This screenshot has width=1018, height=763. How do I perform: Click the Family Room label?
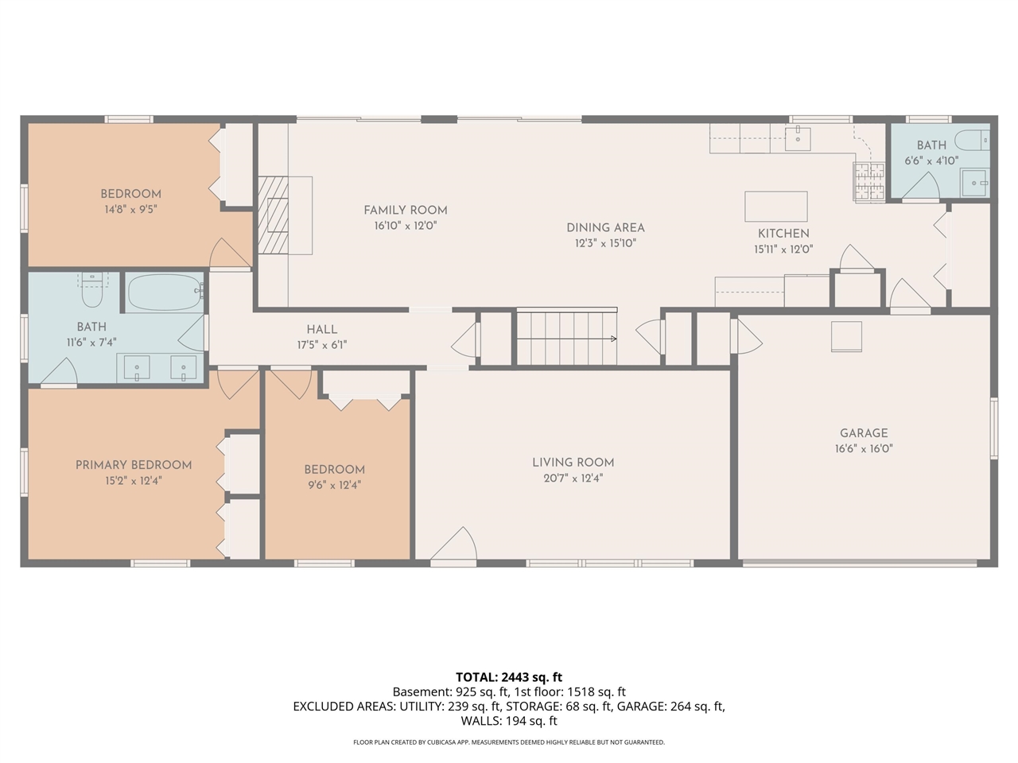pyautogui.click(x=406, y=211)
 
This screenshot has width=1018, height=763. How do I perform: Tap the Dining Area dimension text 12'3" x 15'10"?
pyautogui.click(x=605, y=243)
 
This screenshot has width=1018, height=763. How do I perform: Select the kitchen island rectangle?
pyautogui.click(x=776, y=207)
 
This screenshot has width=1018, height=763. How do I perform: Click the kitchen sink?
pyautogui.click(x=798, y=138)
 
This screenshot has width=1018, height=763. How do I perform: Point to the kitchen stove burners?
pyautogui.click(x=869, y=181)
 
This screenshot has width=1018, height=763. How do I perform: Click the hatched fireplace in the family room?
pyautogui.click(x=273, y=215)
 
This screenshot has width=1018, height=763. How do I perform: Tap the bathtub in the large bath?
pyautogui.click(x=165, y=292)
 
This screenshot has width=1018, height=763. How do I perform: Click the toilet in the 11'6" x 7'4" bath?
pyautogui.click(x=91, y=291)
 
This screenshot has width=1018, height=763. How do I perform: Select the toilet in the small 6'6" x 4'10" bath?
pyautogui.click(x=972, y=140)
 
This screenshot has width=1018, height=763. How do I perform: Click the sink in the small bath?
pyautogui.click(x=974, y=183)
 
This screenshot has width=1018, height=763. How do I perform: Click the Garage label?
pyautogui.click(x=864, y=433)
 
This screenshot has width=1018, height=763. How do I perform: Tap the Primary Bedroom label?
pyautogui.click(x=134, y=465)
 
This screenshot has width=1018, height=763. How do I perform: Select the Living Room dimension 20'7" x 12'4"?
pyautogui.click(x=573, y=478)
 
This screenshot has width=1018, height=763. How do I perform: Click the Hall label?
pyautogui.click(x=322, y=330)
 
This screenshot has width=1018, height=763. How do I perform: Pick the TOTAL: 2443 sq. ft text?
pyautogui.click(x=509, y=677)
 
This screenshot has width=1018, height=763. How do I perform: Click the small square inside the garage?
pyautogui.click(x=846, y=337)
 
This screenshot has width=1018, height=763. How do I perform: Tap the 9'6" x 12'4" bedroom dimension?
pyautogui.click(x=334, y=485)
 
